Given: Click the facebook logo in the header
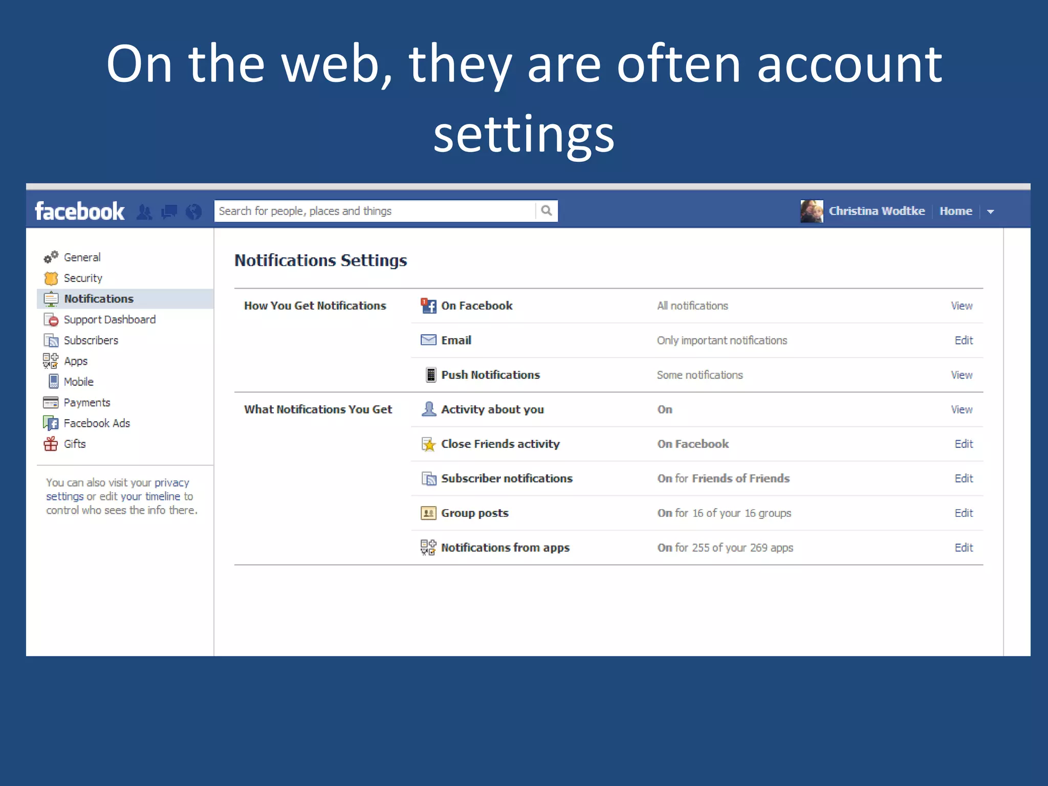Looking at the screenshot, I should (79, 211).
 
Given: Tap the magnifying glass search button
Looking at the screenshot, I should (547, 211).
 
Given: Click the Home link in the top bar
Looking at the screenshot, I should (955, 211).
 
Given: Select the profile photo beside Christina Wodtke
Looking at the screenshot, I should (812, 211).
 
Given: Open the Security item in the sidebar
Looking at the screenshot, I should (83, 278).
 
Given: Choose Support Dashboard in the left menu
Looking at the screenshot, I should (110, 319).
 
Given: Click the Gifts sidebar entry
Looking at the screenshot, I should (75, 444).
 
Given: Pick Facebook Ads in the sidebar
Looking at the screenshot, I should (97, 423).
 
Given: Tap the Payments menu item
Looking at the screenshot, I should (87, 402).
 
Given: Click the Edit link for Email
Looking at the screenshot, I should (963, 340).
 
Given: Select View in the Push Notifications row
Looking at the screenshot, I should (962, 375).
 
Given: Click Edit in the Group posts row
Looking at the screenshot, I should (963, 513).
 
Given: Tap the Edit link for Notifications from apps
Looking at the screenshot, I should (963, 548).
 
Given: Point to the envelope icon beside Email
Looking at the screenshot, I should (428, 340).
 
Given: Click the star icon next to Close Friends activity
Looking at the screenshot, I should (428, 444).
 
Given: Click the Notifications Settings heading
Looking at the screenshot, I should (320, 260).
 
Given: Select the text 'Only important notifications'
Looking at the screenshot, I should (722, 340).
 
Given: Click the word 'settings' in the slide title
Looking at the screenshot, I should (523, 134).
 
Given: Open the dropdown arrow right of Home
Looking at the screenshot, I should (991, 211).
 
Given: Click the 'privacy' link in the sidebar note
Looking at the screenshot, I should (172, 483).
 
